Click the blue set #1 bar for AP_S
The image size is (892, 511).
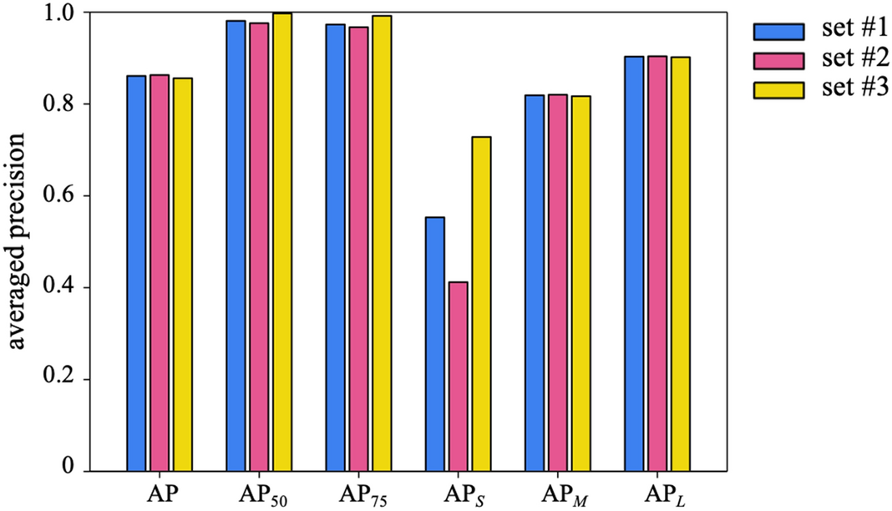(434, 343)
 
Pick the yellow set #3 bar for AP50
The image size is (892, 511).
(281, 242)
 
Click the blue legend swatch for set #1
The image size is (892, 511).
(778, 31)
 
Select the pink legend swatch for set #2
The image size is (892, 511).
(778, 60)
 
